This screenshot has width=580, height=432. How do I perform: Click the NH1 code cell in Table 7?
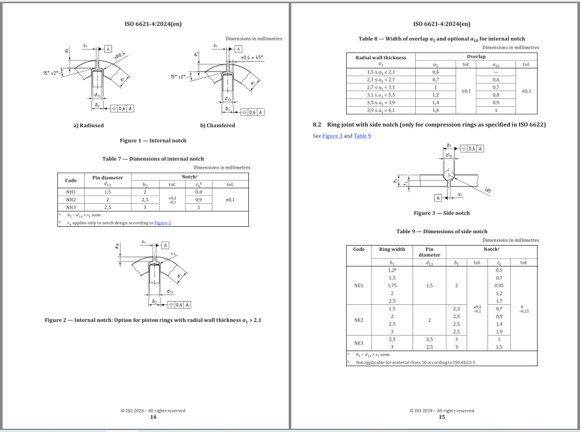[71, 192]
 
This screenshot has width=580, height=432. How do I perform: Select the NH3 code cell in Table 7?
[71, 207]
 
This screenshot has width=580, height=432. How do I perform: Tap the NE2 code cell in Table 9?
[358, 320]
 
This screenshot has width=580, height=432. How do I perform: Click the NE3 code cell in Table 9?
[358, 343]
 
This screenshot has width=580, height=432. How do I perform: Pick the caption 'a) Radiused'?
[88, 125]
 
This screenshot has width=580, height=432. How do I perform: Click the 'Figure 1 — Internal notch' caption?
[153, 141]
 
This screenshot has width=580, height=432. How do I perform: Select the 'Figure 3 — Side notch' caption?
[441, 213]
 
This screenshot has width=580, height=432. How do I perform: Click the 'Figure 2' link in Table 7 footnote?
[162, 223]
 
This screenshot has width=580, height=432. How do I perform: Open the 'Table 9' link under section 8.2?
[362, 136]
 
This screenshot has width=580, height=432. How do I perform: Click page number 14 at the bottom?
[153, 417]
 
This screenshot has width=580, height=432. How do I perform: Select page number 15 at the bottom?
[441, 417]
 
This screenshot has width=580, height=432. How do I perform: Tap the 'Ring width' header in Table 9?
[392, 249]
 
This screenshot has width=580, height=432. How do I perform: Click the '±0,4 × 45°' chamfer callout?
[251, 58]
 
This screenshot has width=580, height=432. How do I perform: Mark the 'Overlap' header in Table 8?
[476, 57]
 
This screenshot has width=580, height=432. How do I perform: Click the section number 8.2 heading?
[317, 124]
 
